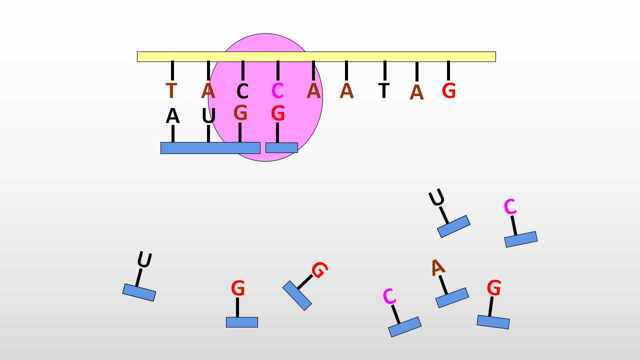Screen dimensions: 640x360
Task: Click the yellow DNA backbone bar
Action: coord(316,56)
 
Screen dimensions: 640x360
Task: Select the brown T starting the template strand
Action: coord(171,91)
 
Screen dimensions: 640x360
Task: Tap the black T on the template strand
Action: coord(383,90)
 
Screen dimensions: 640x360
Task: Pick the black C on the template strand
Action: coord(242,91)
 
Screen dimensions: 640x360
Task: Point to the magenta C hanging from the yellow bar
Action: coord(277,91)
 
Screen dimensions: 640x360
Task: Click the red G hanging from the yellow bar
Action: coord(448,91)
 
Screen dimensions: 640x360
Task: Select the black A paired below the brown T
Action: coord(172,116)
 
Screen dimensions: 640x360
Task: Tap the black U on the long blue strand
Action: coord(208,116)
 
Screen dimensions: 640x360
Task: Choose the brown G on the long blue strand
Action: coord(240,112)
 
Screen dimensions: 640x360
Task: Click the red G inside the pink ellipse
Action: coord(277,113)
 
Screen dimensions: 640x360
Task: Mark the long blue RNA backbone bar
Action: coord(210,148)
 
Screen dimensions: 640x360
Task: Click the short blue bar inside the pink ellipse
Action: coord(281,147)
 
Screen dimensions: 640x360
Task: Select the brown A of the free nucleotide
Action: coord(437,267)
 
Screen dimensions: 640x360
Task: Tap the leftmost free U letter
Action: coord(144,259)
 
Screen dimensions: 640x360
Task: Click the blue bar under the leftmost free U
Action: coord(139,292)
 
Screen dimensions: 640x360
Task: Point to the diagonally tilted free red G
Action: coord(319,270)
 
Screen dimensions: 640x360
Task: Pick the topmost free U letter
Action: coord(436,197)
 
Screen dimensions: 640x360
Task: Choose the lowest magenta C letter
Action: coord(389,296)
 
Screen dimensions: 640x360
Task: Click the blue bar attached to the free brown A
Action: coord(452,297)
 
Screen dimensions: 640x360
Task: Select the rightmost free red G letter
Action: coord(494,287)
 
